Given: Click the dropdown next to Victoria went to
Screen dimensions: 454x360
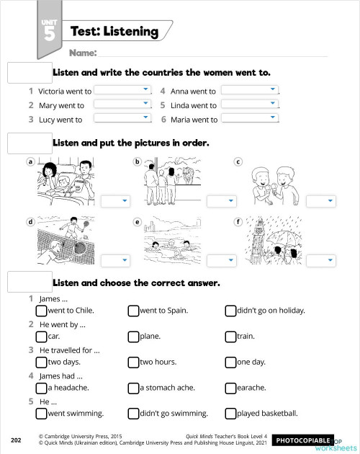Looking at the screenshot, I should tap(123, 91).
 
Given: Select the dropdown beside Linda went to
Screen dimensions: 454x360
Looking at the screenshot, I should tap(249, 104).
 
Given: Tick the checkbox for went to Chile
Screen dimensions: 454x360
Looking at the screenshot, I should tap(41, 311).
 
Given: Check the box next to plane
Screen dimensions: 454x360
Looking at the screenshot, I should tap(133, 336).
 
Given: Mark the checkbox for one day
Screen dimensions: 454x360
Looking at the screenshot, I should tap(230, 362).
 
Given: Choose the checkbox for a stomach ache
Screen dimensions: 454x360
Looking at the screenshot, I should tap(133, 388).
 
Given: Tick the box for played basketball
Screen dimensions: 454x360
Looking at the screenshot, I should tap(230, 414).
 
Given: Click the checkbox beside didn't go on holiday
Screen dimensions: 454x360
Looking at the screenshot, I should tap(230, 311).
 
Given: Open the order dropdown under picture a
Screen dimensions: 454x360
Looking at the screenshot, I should tap(115, 200).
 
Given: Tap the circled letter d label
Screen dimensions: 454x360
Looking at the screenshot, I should tap(30, 221).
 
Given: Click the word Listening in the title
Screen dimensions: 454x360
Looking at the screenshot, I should tap(130, 31).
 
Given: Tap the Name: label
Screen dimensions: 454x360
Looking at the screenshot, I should tap(83, 53).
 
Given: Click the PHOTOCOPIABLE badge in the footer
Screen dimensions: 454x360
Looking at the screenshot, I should tap(303, 439).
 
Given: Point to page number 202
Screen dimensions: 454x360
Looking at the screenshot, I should tap(16, 439).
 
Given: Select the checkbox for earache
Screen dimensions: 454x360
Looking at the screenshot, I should tap(230, 388).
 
